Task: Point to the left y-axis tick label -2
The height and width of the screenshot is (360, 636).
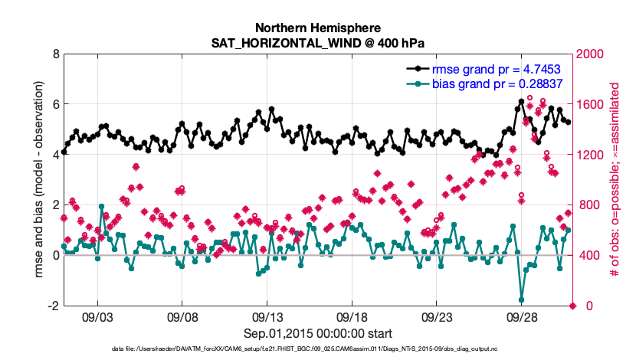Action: coord(53,306)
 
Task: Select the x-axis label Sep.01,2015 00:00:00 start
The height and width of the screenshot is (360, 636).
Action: coord(318,333)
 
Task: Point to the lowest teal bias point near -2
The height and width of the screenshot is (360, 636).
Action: coord(522,299)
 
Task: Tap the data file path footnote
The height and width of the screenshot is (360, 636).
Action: coord(318,349)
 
